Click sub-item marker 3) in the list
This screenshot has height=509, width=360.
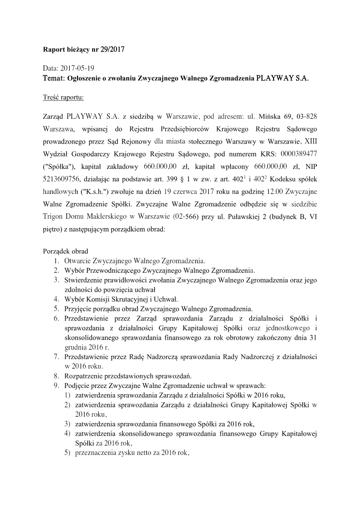[67, 424]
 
